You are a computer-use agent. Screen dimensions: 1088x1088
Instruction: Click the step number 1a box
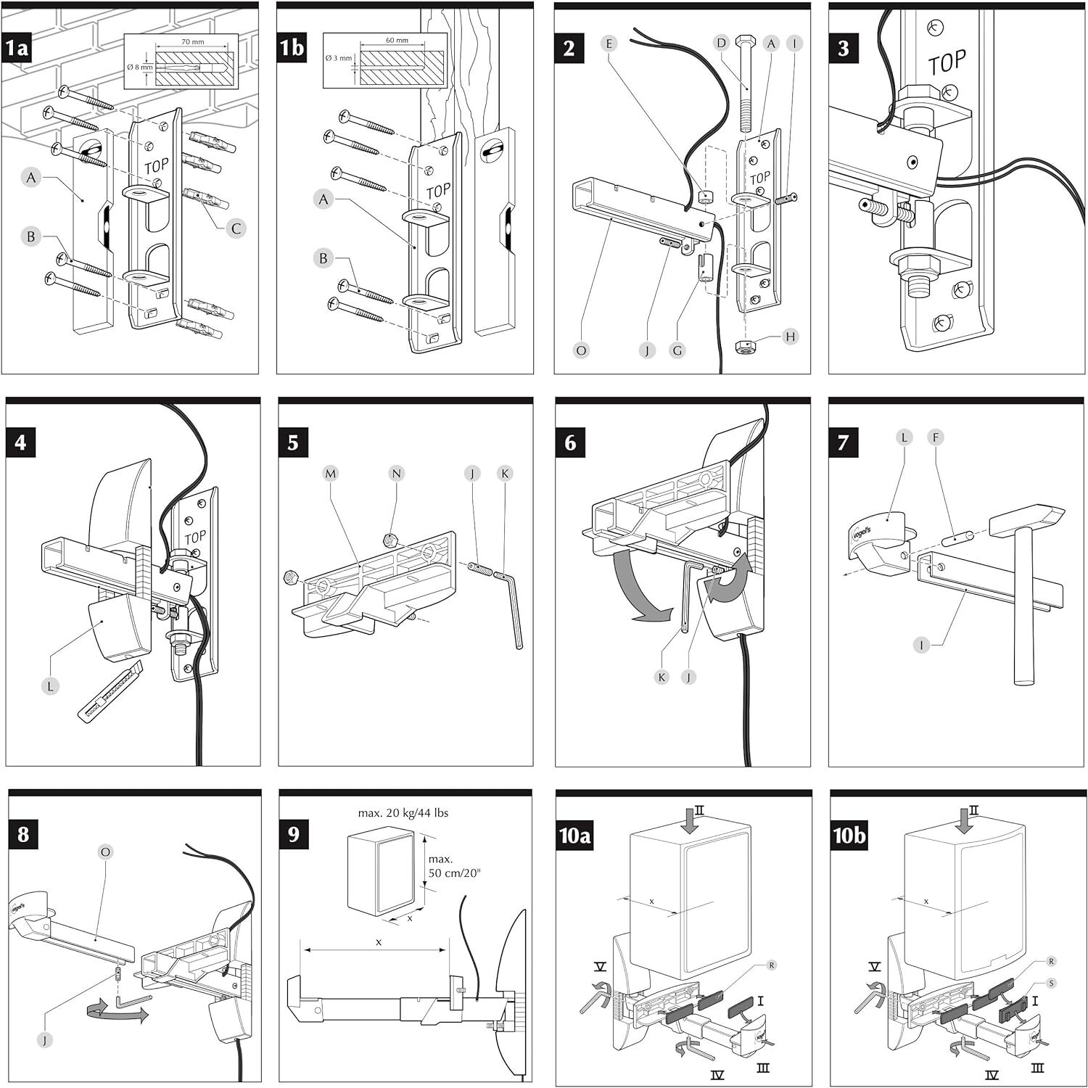point(17,48)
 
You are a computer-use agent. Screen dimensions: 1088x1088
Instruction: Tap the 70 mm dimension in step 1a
point(192,42)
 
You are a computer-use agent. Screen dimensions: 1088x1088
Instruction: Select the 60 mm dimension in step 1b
point(397,41)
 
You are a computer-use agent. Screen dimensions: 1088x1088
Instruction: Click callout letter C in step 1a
point(236,228)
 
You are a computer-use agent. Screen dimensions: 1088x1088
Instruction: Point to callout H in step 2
point(790,337)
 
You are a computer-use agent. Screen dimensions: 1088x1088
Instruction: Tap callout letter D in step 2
point(721,44)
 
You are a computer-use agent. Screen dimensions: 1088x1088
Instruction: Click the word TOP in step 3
point(947,63)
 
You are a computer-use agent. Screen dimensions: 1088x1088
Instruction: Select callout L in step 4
point(49,685)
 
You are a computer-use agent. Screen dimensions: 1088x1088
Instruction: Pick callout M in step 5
point(331,474)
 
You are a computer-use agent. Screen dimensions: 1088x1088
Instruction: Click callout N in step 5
point(396,474)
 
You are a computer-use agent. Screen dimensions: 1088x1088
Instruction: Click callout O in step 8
point(106,852)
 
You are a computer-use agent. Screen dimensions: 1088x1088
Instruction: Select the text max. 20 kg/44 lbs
point(403,813)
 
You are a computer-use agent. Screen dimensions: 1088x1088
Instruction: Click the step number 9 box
point(293,834)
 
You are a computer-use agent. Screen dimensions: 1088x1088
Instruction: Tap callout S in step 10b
point(1052,983)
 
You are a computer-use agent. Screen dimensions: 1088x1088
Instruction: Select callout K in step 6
point(662,677)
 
